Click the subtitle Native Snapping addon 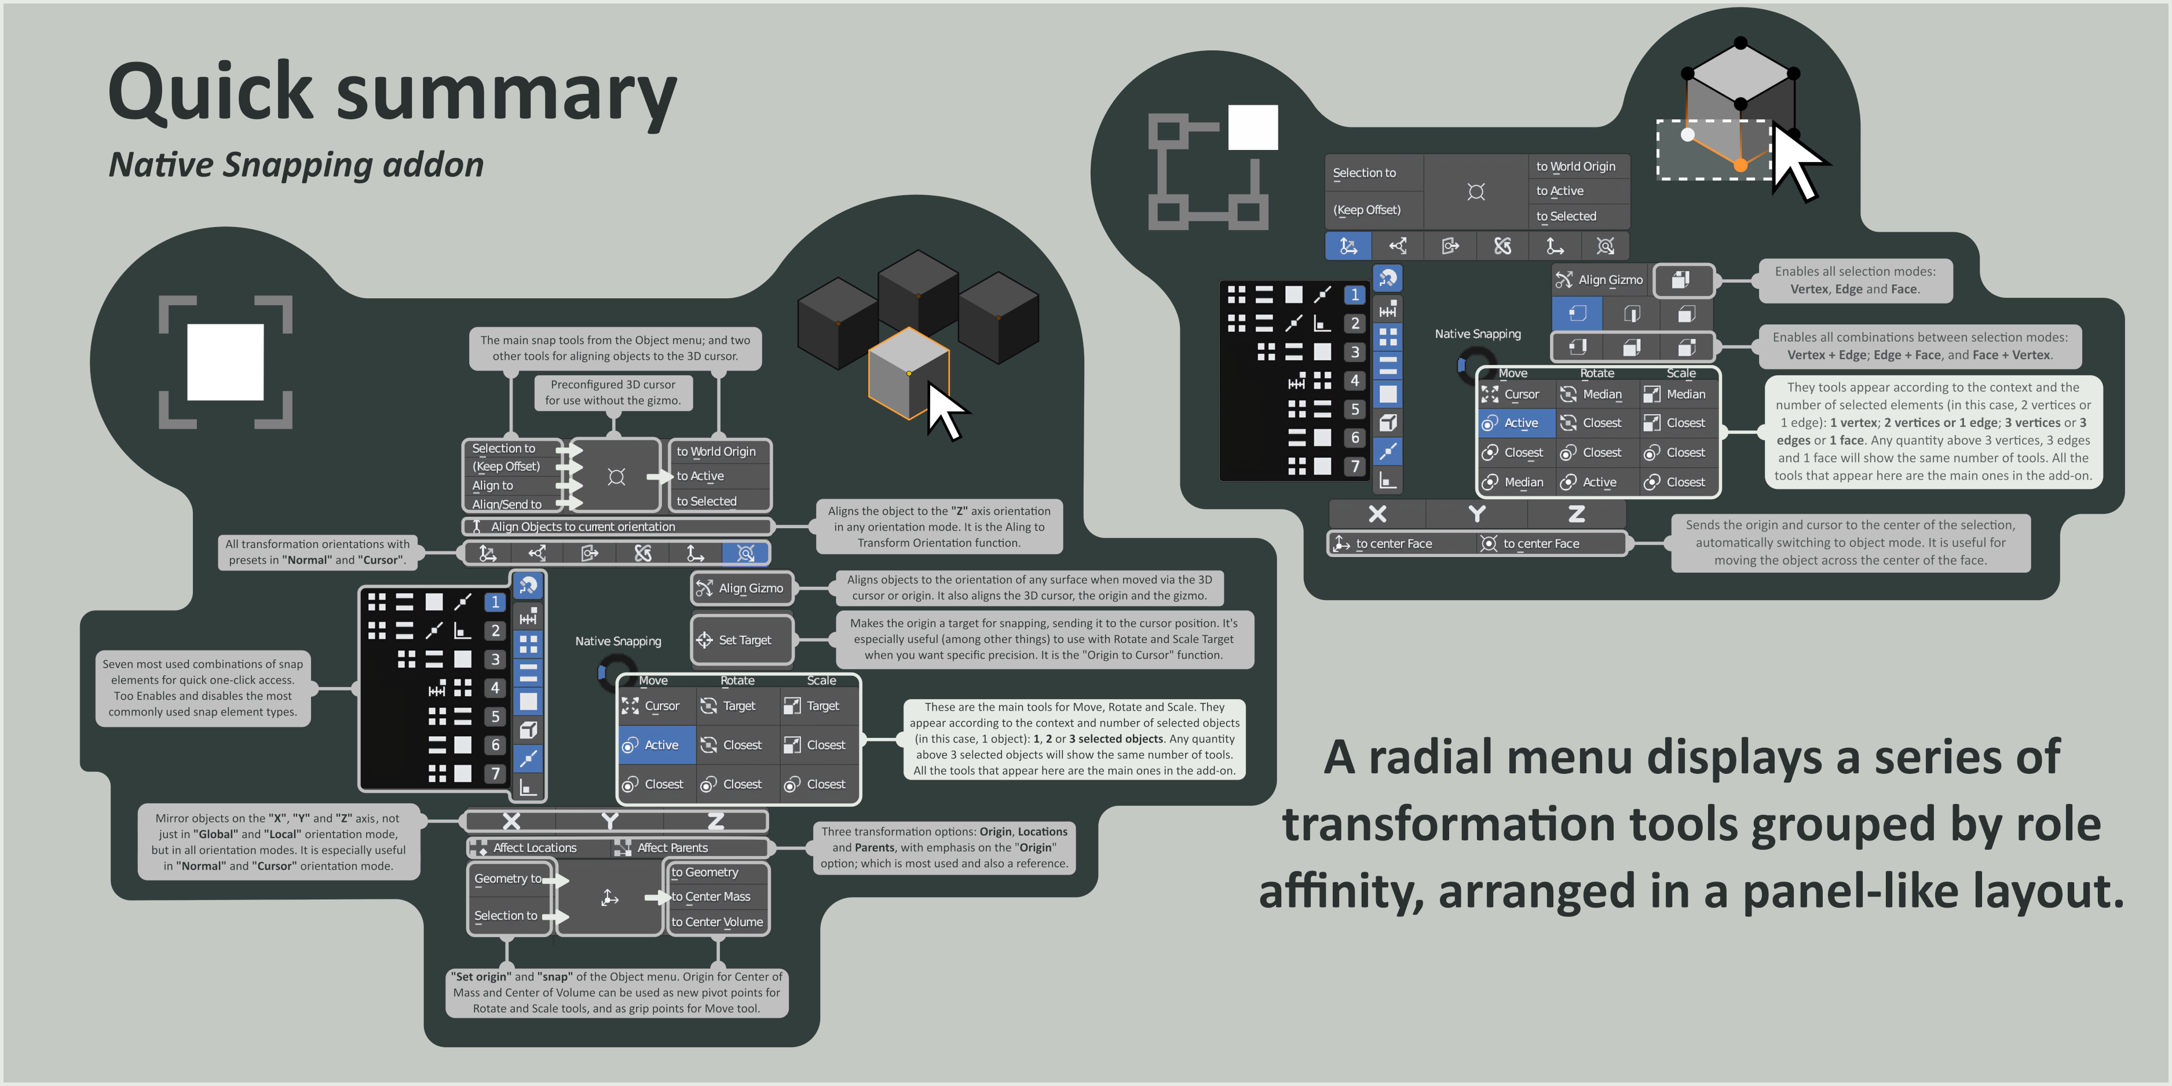pos(296,164)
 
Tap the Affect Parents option pos(672,847)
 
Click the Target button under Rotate pos(738,705)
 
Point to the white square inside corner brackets pos(225,362)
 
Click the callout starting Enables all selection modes pos(1855,280)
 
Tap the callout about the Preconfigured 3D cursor pos(613,392)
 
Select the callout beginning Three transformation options pos(944,847)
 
